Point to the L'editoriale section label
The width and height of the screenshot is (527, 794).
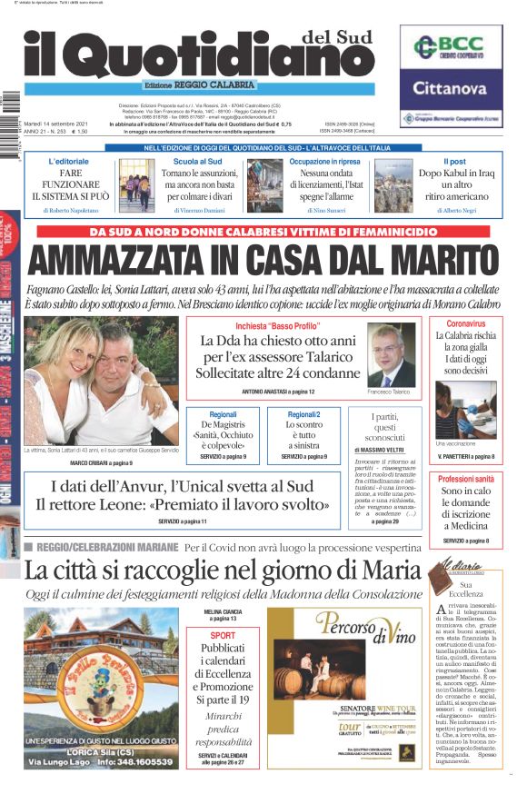(x=70, y=161)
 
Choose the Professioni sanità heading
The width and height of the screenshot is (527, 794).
(x=466, y=479)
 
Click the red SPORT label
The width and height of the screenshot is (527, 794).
(x=223, y=636)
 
